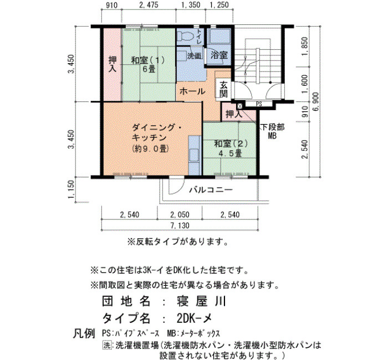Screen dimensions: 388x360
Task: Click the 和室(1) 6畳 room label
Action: [148, 64]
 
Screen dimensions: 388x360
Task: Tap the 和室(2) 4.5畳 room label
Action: [231, 148]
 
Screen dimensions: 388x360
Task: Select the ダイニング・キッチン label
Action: [157, 132]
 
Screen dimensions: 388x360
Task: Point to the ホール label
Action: [192, 91]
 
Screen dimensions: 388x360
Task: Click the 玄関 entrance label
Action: [223, 89]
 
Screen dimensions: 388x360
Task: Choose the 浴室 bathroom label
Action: [219, 55]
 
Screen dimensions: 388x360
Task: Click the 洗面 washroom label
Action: [194, 56]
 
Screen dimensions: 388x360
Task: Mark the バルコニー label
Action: [211, 190]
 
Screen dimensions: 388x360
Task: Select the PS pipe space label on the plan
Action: [259, 104]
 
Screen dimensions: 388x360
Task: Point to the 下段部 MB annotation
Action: [273, 132]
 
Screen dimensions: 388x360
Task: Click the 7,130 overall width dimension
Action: [180, 225]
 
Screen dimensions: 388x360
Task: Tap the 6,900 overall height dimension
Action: [316, 101]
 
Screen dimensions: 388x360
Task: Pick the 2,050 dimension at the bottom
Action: [180, 215]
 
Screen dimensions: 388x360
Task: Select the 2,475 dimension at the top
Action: [149, 4]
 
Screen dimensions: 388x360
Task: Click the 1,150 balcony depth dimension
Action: [71, 189]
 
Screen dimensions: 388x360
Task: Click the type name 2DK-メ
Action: [194, 318]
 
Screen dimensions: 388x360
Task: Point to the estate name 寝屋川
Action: [201, 301]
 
